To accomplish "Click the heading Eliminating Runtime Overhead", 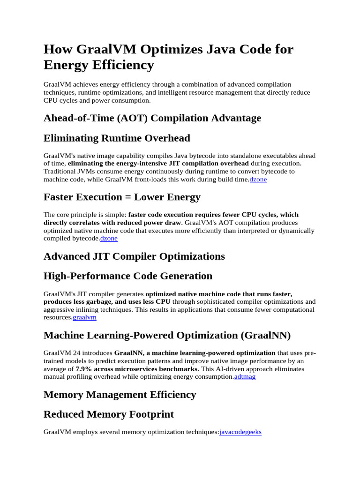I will coord(117,138).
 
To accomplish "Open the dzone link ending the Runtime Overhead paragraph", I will coord(258,180).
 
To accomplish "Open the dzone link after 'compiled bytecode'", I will coord(109,239).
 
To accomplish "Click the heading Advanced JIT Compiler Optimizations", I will coord(134,256).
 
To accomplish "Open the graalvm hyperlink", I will coord(84,317).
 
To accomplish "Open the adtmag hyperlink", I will coord(245,376).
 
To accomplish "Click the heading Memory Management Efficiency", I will coord(120,394).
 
